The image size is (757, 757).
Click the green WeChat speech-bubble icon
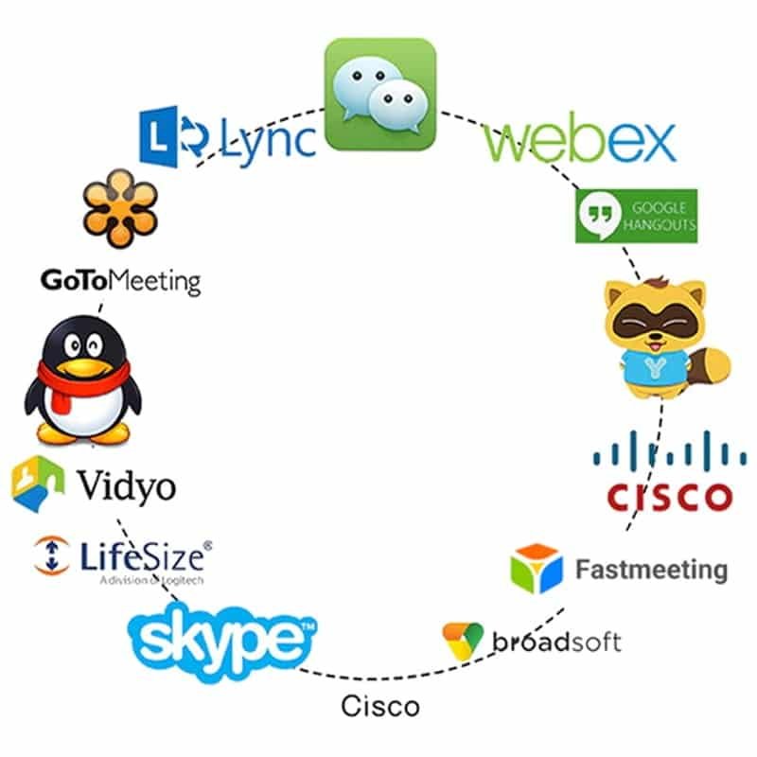(x=380, y=95)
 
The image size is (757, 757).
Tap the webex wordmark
(x=580, y=142)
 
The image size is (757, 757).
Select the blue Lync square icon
(x=161, y=134)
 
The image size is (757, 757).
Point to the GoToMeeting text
(x=120, y=281)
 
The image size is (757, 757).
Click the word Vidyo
(x=127, y=486)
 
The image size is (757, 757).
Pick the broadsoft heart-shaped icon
(x=464, y=641)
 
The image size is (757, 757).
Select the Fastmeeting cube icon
(x=536, y=569)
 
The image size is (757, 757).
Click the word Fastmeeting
(x=651, y=570)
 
